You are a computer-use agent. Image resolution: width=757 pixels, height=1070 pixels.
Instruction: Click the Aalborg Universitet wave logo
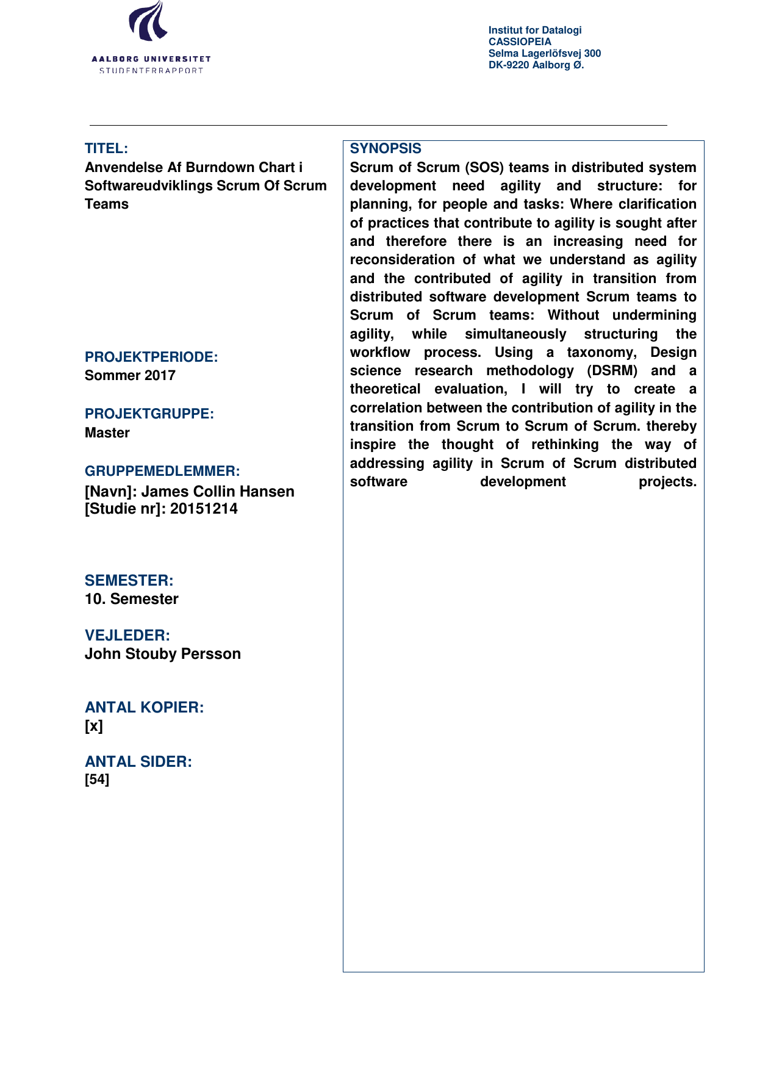click(148, 22)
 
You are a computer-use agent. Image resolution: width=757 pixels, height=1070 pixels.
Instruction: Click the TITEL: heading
click(106, 148)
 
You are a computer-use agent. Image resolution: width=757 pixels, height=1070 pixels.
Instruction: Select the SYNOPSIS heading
click(386, 148)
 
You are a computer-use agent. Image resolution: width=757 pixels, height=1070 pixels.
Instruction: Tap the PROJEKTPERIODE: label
click(151, 357)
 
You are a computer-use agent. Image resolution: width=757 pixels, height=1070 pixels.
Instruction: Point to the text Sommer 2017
click(130, 375)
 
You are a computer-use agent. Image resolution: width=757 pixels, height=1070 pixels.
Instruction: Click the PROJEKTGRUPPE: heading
click(149, 414)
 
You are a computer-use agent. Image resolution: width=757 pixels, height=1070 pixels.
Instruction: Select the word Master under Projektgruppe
click(107, 433)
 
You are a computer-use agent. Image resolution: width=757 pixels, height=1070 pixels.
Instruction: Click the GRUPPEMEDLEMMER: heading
click(162, 471)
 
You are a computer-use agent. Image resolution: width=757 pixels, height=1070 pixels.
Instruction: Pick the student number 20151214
click(204, 509)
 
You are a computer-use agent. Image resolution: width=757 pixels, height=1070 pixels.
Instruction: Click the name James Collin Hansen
click(218, 491)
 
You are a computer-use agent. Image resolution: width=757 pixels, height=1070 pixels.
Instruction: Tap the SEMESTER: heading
click(129, 580)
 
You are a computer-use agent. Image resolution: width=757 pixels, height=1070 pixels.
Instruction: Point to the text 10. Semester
click(132, 599)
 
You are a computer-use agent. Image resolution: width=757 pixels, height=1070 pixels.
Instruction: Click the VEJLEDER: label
click(127, 635)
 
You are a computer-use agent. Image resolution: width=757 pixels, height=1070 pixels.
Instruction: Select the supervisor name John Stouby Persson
click(163, 654)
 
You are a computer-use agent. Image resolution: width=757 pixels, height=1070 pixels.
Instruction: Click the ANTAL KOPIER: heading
click(145, 707)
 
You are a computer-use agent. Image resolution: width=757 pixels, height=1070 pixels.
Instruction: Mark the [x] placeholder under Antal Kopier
click(94, 726)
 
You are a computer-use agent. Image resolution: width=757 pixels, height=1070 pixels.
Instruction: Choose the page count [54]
click(97, 780)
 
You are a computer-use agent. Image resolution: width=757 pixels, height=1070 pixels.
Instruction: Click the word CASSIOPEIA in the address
click(520, 41)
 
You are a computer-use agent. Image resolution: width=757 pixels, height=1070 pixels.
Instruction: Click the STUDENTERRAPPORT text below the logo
click(151, 71)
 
